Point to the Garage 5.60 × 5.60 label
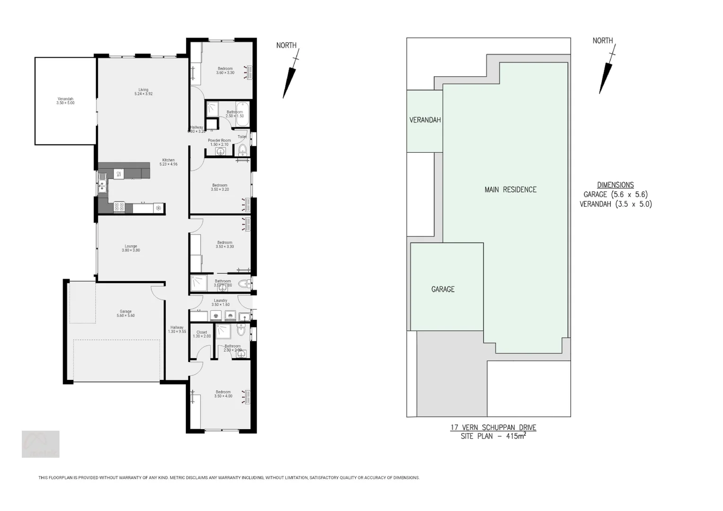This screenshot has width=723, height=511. (125, 313)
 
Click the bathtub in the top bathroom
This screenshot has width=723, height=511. (242, 114)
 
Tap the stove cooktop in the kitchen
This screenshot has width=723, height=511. (119, 207)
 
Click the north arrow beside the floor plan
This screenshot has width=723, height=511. (290, 78)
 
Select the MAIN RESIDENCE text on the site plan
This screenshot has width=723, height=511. (510, 190)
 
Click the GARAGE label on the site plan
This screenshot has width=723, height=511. (443, 289)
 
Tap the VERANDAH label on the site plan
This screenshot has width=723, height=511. (425, 120)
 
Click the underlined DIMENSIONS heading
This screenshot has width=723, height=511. (615, 185)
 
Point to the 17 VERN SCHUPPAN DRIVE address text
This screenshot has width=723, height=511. (493, 427)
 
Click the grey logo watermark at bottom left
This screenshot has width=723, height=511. (41, 444)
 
